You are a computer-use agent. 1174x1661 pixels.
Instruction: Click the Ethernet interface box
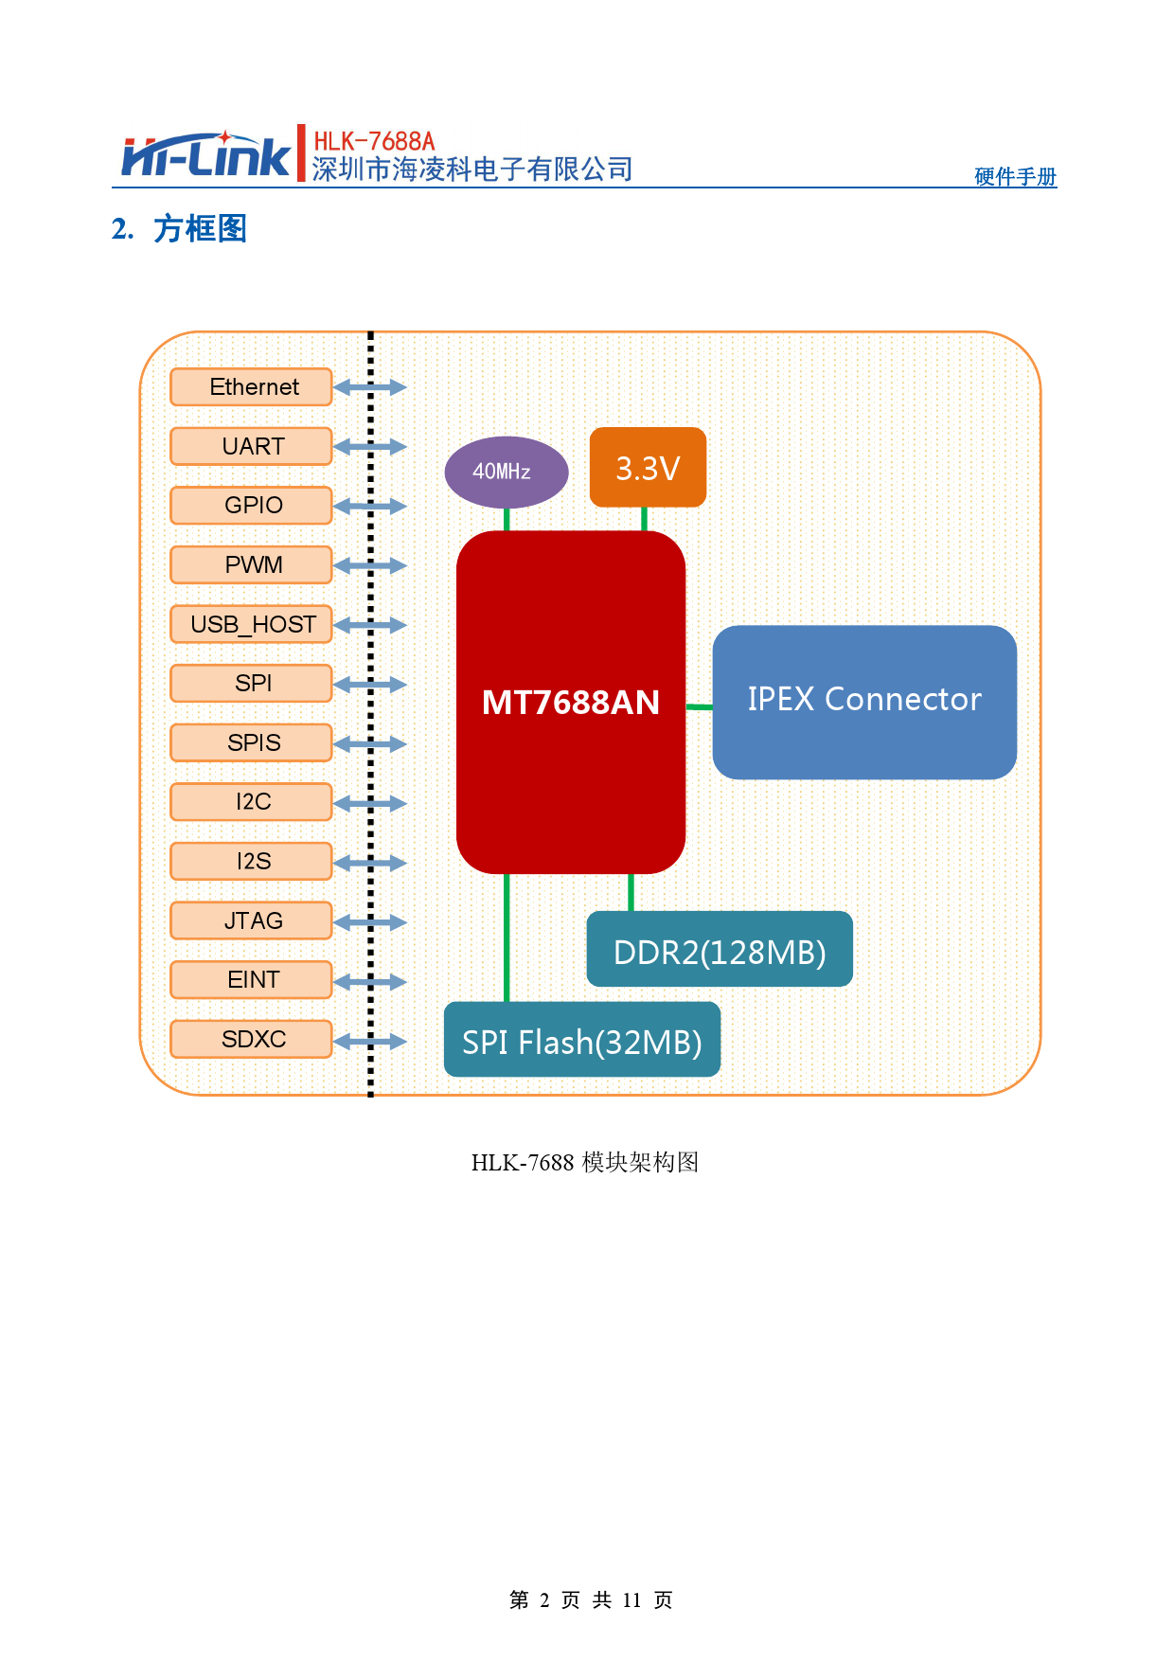coord(251,387)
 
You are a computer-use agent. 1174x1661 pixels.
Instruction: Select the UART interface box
coord(251,446)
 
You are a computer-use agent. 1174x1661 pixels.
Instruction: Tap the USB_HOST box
coord(251,624)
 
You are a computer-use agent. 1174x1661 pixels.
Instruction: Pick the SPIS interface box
coord(251,742)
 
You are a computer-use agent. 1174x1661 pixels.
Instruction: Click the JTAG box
coord(251,920)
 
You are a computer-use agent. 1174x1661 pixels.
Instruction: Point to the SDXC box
coord(251,1039)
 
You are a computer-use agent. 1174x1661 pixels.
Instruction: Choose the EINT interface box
coord(251,979)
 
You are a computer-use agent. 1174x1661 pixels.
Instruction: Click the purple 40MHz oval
coord(506,472)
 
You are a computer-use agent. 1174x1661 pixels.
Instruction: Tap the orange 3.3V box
coord(648,468)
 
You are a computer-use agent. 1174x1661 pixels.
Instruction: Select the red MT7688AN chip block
coord(570,701)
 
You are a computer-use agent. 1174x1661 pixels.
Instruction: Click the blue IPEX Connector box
coord(863,702)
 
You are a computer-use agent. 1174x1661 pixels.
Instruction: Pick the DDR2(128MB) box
coord(720,950)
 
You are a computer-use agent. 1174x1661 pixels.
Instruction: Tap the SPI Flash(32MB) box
coord(581,1040)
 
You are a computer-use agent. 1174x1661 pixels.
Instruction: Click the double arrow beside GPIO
coord(370,507)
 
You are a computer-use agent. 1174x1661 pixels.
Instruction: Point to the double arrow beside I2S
coord(370,863)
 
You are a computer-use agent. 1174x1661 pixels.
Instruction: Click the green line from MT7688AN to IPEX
coord(699,706)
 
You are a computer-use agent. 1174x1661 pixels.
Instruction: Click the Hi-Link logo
coord(205,156)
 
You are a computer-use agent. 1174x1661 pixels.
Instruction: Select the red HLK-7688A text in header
coord(374,141)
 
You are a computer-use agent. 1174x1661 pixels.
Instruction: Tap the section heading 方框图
coord(200,229)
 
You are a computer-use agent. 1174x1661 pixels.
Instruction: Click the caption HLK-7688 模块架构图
coord(584,1162)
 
